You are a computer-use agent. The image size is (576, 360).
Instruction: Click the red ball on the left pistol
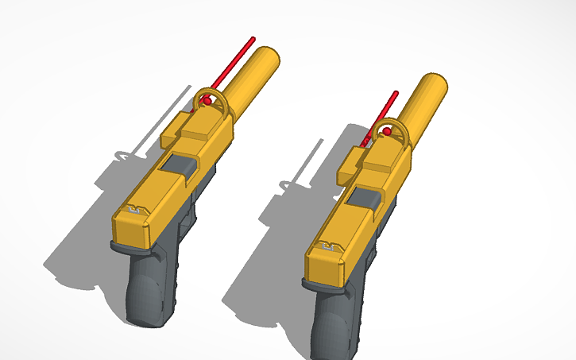coord(205,101)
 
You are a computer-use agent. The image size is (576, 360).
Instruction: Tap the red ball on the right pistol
coord(387,130)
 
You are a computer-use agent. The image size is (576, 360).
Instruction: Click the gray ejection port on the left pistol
coord(182,166)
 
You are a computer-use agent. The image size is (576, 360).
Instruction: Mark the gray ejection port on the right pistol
coord(365,199)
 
